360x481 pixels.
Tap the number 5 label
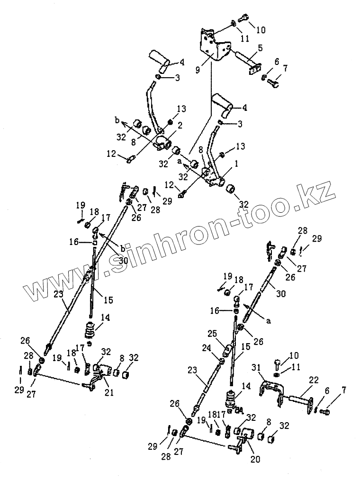pos(260,47)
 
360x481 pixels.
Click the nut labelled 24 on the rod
pos(220,362)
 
